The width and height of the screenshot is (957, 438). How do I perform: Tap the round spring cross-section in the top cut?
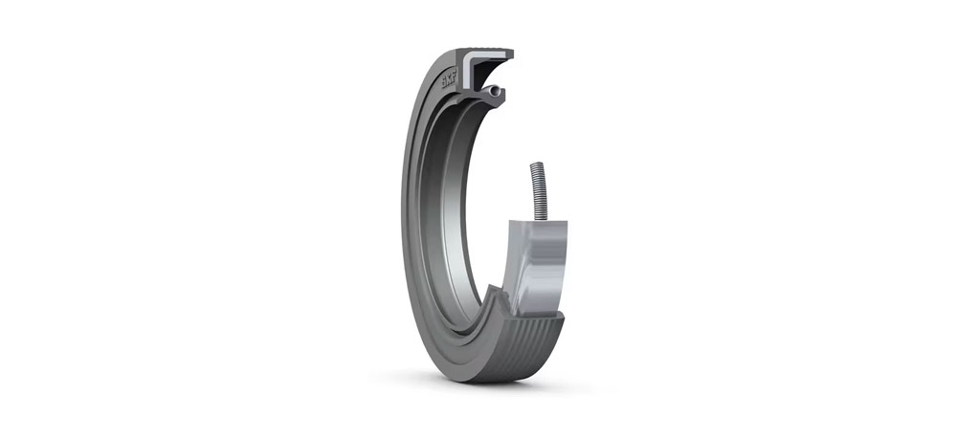tap(492, 92)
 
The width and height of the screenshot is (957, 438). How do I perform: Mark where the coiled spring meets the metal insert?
tap(542, 219)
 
